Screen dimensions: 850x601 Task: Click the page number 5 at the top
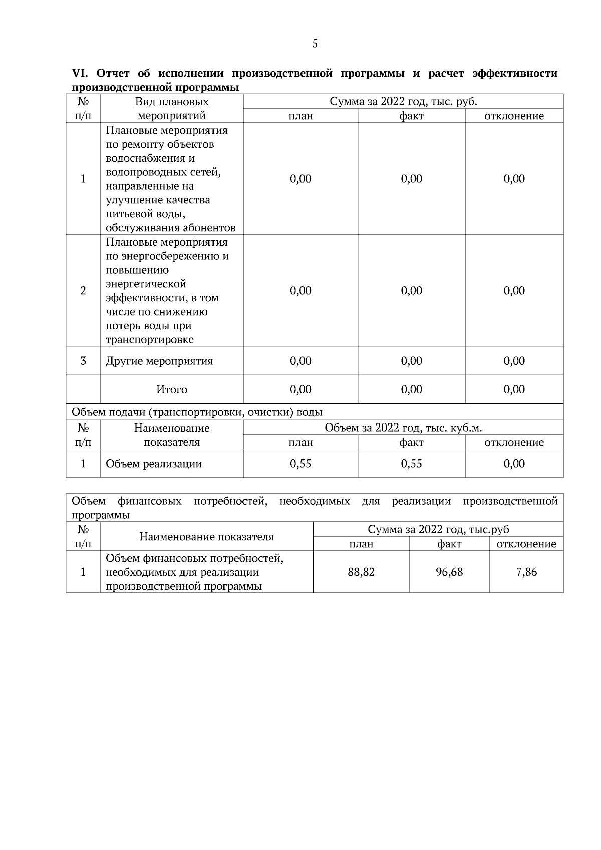(x=315, y=44)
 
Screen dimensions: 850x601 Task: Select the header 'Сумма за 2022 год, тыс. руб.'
(x=403, y=102)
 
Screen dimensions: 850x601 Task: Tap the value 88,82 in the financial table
(x=361, y=572)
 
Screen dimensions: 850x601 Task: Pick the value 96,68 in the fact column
(x=449, y=572)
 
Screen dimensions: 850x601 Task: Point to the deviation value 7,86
(x=526, y=572)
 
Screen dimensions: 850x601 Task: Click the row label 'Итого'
(x=172, y=389)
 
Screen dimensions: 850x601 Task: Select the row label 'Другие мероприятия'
(x=159, y=361)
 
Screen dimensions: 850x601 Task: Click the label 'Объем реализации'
(x=154, y=464)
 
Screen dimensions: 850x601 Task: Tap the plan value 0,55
(x=300, y=464)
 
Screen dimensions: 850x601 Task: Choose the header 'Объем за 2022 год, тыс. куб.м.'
(x=403, y=428)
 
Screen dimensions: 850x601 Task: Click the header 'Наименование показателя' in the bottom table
(x=206, y=537)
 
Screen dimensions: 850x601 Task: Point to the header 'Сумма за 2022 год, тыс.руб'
(x=438, y=530)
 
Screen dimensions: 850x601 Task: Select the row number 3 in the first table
(x=83, y=361)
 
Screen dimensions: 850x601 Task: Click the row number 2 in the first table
(x=83, y=291)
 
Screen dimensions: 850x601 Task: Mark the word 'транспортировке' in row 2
(x=150, y=340)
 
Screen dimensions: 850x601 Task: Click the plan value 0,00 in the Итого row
(x=300, y=389)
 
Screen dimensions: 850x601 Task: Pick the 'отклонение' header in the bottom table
(x=526, y=544)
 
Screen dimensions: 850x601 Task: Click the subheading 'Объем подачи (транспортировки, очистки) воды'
(x=197, y=412)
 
